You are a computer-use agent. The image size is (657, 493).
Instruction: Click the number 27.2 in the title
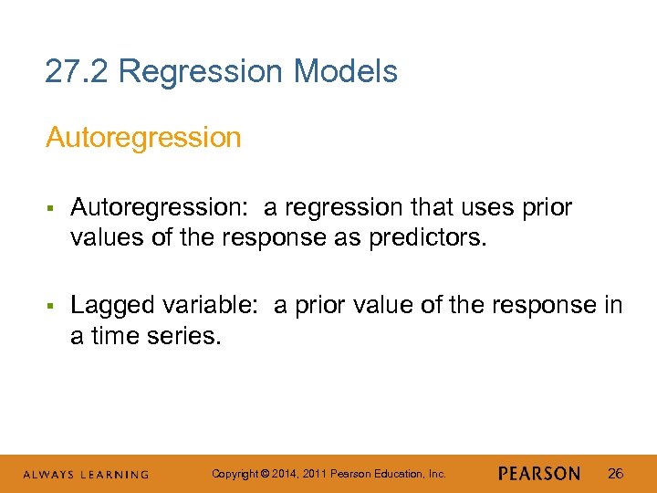(x=77, y=71)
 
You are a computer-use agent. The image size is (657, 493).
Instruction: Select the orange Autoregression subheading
(x=143, y=138)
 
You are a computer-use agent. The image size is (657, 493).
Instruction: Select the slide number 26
(x=615, y=474)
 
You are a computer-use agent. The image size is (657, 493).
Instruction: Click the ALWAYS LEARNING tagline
(x=86, y=475)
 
